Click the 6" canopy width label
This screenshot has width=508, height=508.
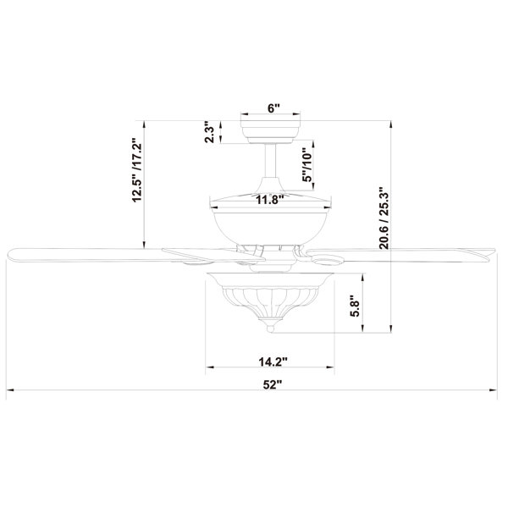273,108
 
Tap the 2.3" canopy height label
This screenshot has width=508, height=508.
209,133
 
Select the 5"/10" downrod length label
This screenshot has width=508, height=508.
306,165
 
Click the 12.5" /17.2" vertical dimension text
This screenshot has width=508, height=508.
137,170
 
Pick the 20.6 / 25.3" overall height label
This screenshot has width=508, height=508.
385,218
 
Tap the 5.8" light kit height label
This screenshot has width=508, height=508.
356,309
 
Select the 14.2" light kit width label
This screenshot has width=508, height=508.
273,362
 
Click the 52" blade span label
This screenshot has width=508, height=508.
273,384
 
